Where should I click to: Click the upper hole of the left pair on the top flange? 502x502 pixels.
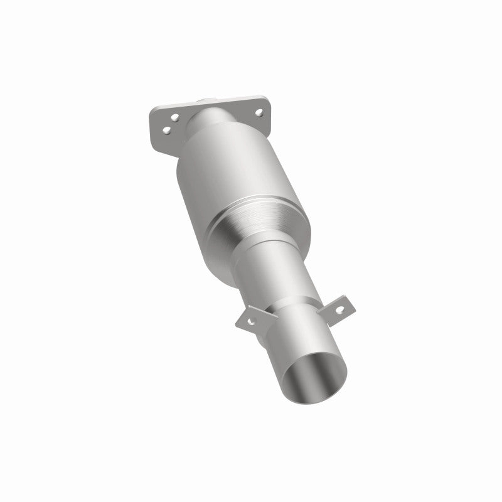tap(176, 117)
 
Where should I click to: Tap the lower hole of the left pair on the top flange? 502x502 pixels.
tap(167, 130)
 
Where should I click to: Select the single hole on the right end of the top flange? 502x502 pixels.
tap(258, 112)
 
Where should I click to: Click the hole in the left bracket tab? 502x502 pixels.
tap(252, 321)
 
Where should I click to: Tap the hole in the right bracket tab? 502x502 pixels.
tap(339, 308)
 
